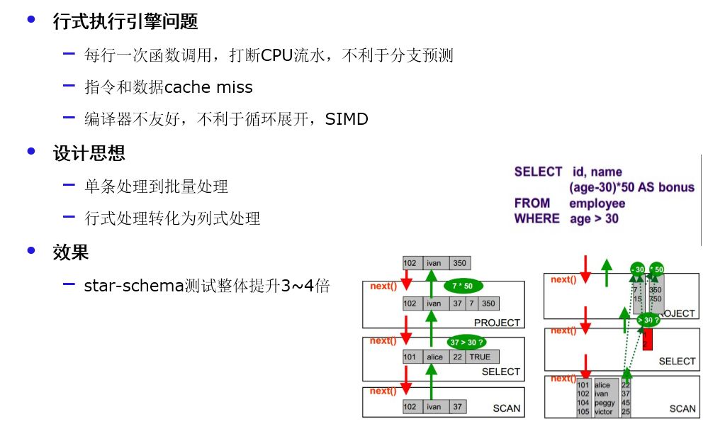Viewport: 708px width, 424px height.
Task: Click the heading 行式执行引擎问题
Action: click(x=125, y=22)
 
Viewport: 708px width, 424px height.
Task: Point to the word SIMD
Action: click(x=347, y=119)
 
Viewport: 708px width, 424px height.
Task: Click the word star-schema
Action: click(x=133, y=286)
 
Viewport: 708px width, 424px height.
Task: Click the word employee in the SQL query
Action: click(x=597, y=203)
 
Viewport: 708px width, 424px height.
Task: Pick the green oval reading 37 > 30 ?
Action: click(x=466, y=342)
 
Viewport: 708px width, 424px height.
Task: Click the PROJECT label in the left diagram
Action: click(x=497, y=323)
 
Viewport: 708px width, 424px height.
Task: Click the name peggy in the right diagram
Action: click(x=605, y=403)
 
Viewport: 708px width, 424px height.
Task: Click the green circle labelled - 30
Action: click(x=637, y=269)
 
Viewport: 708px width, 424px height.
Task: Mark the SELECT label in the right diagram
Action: click(x=677, y=362)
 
